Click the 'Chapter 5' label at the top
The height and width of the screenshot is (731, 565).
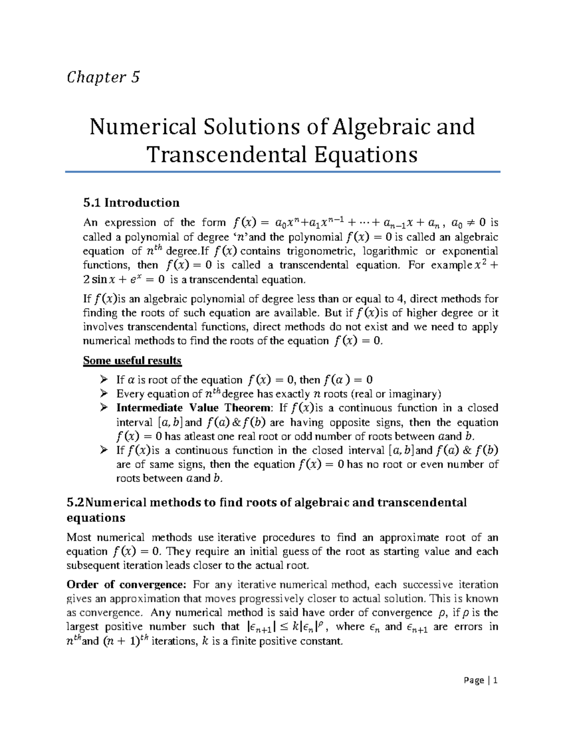coord(103,77)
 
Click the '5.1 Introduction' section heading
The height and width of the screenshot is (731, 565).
coord(131,203)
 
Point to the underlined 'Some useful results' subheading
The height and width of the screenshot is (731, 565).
coord(132,361)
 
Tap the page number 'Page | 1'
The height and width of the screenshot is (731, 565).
coord(480,680)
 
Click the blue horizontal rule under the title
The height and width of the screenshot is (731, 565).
coord(282,172)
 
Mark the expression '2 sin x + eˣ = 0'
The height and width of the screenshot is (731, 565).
coord(124,280)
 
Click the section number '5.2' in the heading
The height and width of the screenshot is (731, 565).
coord(74,502)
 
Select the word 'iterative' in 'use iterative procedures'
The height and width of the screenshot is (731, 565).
coord(237,538)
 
